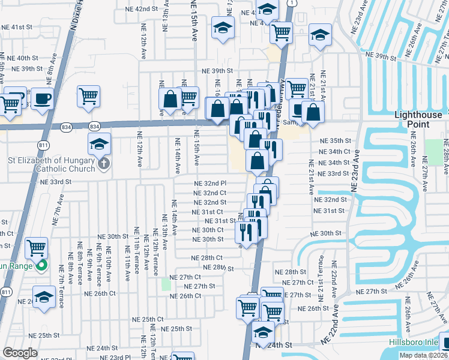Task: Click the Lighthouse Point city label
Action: tap(421, 119)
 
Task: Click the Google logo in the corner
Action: tap(20, 353)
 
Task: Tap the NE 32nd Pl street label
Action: tap(209, 184)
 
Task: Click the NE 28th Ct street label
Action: tap(206, 257)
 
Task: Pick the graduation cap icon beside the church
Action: tap(99, 143)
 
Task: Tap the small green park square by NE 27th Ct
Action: tap(166, 284)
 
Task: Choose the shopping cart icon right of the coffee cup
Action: tap(88, 95)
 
